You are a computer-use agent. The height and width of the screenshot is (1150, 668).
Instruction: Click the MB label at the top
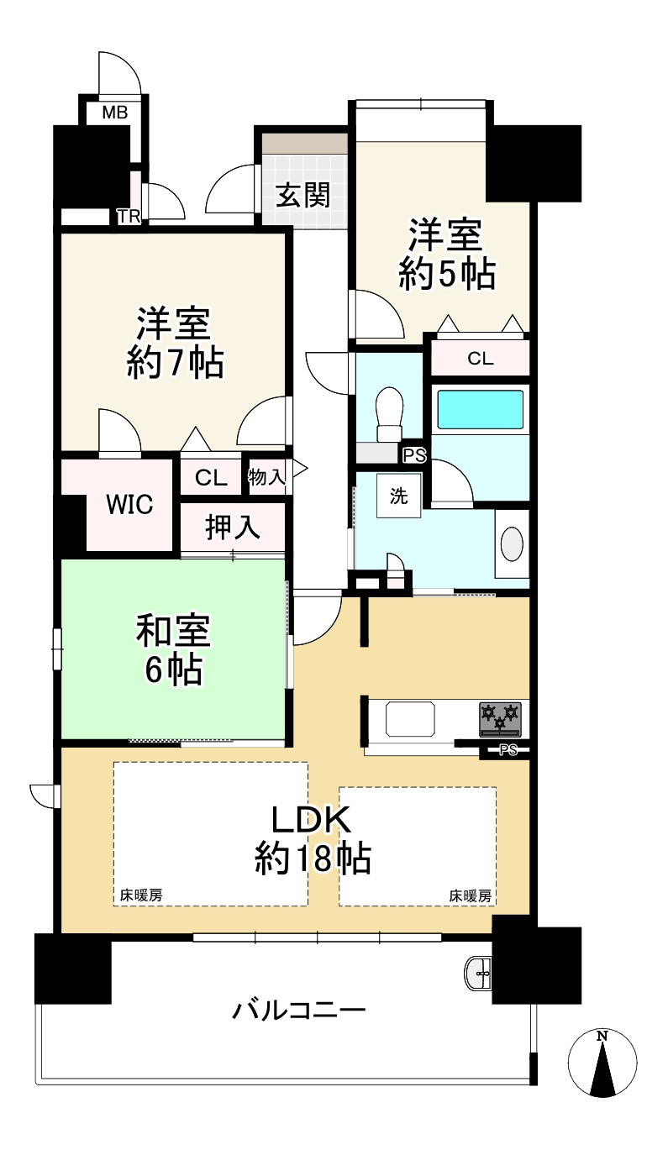click(x=114, y=113)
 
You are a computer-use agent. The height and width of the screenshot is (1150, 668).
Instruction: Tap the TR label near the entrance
click(x=129, y=217)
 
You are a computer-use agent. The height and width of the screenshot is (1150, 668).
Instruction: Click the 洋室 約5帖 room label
click(x=445, y=254)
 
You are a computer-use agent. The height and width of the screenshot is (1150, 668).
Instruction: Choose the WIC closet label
click(x=129, y=505)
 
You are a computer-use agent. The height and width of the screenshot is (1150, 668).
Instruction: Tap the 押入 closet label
click(x=233, y=528)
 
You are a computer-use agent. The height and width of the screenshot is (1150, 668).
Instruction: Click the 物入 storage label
click(x=266, y=477)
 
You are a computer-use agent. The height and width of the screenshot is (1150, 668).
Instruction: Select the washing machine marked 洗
click(x=398, y=496)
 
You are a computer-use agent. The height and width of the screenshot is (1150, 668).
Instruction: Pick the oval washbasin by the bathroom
click(x=513, y=543)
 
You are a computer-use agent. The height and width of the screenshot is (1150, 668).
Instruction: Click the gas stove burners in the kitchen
click(x=500, y=718)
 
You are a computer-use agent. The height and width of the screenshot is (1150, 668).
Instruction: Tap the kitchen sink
click(x=412, y=719)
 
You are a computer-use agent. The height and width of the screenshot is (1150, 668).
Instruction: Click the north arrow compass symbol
click(x=602, y=1063)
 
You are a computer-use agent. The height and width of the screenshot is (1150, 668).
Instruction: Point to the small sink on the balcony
click(x=480, y=973)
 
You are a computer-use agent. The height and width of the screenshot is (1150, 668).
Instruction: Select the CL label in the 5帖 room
click(x=481, y=359)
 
